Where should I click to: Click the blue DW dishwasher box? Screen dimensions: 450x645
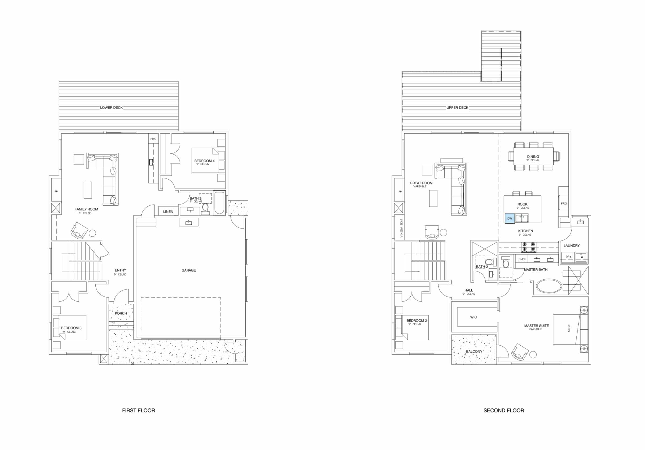[x=510, y=218]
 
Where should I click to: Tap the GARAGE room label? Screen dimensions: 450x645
[x=188, y=270]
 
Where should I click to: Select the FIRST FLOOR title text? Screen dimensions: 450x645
[x=138, y=411]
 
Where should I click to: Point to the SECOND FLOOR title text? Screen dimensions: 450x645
[x=503, y=411]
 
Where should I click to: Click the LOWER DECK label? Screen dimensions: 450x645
[x=111, y=107]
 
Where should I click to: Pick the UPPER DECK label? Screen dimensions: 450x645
[x=457, y=107]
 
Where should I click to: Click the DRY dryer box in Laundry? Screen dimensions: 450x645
[x=568, y=257]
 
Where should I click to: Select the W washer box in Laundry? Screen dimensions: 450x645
[x=582, y=257]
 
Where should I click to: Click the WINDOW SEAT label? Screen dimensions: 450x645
[x=402, y=228]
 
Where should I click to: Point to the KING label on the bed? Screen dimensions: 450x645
[x=569, y=328]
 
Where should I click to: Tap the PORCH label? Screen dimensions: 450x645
[x=121, y=313]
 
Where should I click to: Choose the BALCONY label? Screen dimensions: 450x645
[x=474, y=352]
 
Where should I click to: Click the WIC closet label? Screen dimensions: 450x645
[x=473, y=317]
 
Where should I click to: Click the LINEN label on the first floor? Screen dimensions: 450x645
[x=168, y=211]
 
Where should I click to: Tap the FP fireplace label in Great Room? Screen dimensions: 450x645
[x=400, y=192]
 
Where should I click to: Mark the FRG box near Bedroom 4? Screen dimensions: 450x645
[x=153, y=139]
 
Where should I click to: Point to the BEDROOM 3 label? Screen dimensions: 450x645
[x=71, y=328]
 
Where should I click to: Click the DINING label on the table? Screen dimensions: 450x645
[x=533, y=156]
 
